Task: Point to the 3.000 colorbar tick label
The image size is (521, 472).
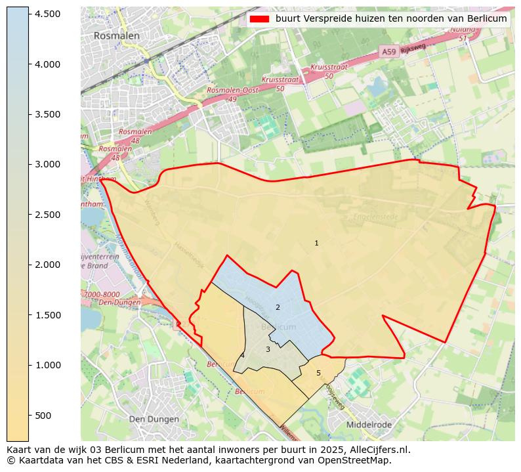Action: tap(47, 164)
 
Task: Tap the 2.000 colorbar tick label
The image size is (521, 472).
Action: tap(47, 265)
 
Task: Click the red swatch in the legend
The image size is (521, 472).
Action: tap(260, 19)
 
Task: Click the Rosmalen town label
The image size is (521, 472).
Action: tap(116, 36)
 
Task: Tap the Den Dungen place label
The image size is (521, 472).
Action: tap(154, 419)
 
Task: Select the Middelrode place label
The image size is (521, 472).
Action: tap(368, 425)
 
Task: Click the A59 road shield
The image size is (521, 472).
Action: tap(388, 51)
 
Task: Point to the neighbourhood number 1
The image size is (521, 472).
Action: tap(316, 243)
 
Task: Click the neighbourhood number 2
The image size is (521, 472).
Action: tap(278, 307)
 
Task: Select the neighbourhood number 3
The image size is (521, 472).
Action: tap(268, 349)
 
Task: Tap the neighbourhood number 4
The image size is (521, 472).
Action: tap(242, 355)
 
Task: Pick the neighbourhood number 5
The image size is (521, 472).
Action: tap(318, 373)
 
